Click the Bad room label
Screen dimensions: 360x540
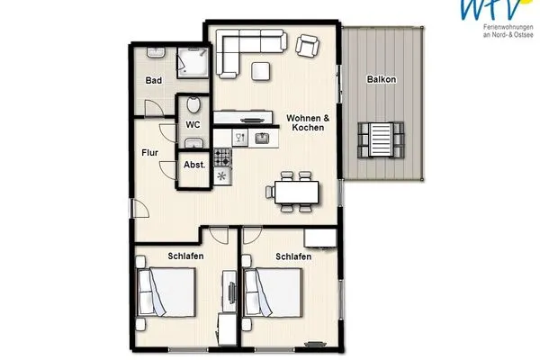(x=154, y=81)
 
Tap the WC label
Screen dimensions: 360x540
(x=193, y=125)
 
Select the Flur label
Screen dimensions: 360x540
(x=149, y=153)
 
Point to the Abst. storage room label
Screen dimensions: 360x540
(x=194, y=166)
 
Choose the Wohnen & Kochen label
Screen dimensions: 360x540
(x=307, y=123)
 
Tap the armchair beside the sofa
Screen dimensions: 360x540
(x=309, y=45)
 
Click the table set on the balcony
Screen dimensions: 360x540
(x=377, y=139)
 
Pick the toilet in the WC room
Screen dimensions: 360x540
(x=193, y=142)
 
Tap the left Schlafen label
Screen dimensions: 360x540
(x=185, y=256)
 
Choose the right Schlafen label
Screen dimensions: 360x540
(x=293, y=256)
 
